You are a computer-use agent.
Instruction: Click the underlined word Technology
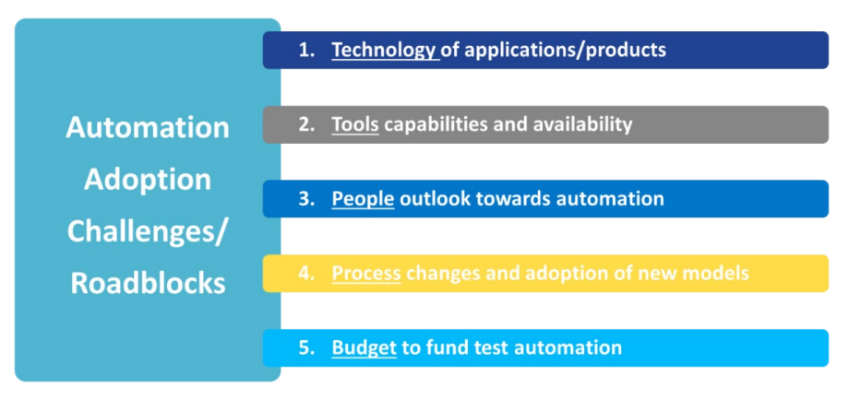[x=384, y=50]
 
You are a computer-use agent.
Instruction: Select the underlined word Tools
[x=355, y=124]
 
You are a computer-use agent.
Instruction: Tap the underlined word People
[x=363, y=199]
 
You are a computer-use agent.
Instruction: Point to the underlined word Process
[x=366, y=274]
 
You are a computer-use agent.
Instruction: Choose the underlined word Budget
[x=364, y=347]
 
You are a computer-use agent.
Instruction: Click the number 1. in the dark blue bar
[x=307, y=50]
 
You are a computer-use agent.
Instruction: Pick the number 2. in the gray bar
[x=307, y=124]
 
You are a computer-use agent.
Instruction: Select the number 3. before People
[x=307, y=199]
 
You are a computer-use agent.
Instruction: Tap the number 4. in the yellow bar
[x=307, y=274]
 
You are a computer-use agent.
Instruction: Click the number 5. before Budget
[x=307, y=347]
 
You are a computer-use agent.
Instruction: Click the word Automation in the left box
[x=148, y=127]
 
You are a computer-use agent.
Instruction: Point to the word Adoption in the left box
[x=148, y=179]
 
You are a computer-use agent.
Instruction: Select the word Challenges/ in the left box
[x=148, y=230]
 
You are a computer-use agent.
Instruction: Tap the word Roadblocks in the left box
[x=148, y=282]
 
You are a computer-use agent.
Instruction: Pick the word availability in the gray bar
[x=580, y=124]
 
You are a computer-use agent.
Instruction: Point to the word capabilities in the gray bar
[x=435, y=124]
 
